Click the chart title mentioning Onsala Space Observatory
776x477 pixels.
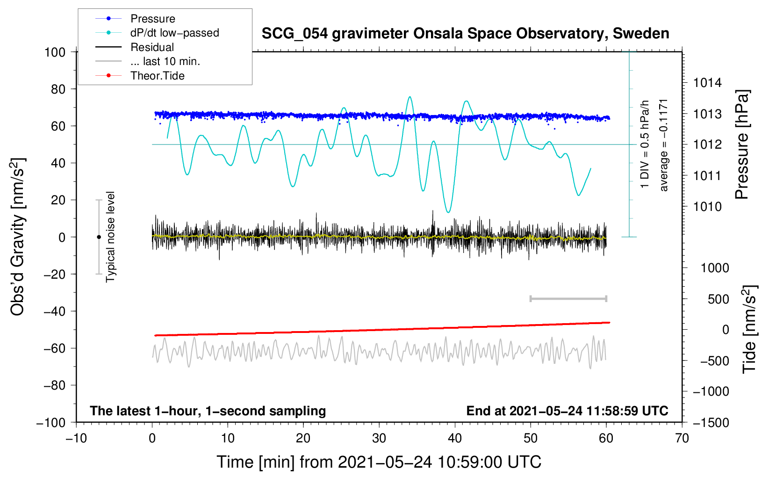pyautogui.click(x=465, y=34)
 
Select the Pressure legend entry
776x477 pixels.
pyautogui.click(x=136, y=18)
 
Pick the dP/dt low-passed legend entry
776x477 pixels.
pyautogui.click(x=157, y=33)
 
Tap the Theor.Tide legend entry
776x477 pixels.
pyautogui.click(x=140, y=76)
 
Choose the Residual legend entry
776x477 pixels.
pyautogui.click(x=135, y=47)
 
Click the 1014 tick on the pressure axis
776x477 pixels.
pyautogui.click(x=707, y=83)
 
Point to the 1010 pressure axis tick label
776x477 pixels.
pyautogui.click(x=707, y=207)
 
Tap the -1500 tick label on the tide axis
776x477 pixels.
pyautogui.click(x=711, y=423)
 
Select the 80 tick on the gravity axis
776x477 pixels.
pyautogui.click(x=58, y=89)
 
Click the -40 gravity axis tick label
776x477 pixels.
pyautogui.click(x=54, y=311)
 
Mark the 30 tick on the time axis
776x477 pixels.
pyautogui.click(x=379, y=438)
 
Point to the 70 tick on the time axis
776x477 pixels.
pyautogui.click(x=682, y=438)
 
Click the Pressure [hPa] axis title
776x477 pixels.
pyautogui.click(x=742, y=145)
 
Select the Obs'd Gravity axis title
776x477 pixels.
pyautogui.click(x=17, y=237)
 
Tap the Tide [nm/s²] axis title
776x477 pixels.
pyautogui.click(x=749, y=330)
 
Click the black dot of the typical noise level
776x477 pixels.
pyautogui.click(x=99, y=237)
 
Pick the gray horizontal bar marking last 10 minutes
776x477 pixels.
pyautogui.click(x=568, y=298)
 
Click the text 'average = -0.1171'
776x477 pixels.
pyautogui.click(x=663, y=145)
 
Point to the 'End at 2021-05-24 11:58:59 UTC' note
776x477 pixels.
pyautogui.click(x=567, y=411)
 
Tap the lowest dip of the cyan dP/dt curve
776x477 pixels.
pyautogui.click(x=449, y=212)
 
